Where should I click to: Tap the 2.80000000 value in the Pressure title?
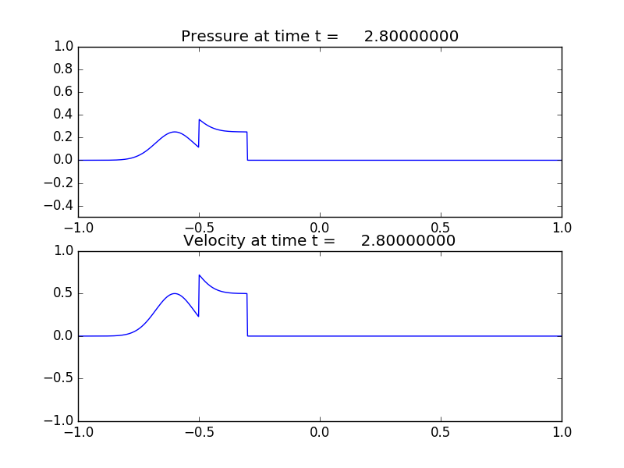click(x=411, y=37)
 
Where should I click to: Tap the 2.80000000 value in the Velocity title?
click(x=408, y=241)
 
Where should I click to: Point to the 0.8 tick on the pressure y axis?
click(x=63, y=69)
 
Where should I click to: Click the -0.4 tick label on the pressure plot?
click(x=60, y=206)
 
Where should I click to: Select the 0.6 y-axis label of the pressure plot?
click(x=63, y=92)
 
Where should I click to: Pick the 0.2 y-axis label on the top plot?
click(x=63, y=137)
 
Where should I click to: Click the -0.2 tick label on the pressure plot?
click(x=60, y=183)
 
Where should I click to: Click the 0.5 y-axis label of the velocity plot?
click(x=63, y=294)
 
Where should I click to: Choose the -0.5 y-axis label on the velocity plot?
click(x=60, y=379)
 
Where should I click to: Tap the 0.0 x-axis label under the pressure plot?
click(x=321, y=228)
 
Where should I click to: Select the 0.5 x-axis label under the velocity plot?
click(x=441, y=432)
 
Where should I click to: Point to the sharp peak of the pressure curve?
click(x=200, y=120)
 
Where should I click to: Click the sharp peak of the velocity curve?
click(x=200, y=275)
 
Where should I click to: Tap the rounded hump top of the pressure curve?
click(x=175, y=133)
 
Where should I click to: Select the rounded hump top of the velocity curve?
click(x=175, y=294)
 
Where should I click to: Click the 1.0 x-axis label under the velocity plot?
click(x=562, y=432)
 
